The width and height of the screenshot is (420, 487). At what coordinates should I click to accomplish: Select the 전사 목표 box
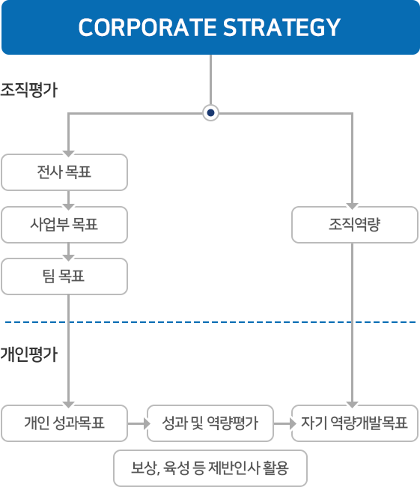[64, 173]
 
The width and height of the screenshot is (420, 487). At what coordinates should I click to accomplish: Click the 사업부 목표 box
[64, 225]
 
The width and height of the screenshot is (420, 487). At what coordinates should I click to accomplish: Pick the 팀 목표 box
[64, 276]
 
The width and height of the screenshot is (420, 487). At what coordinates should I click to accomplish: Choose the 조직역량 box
[354, 225]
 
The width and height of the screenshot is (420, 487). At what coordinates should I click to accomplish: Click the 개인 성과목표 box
[64, 423]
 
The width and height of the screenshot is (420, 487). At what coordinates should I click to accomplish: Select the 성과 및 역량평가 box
[210, 423]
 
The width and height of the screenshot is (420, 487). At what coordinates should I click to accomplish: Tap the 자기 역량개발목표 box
[354, 423]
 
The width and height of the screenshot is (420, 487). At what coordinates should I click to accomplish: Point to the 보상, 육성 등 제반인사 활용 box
[210, 468]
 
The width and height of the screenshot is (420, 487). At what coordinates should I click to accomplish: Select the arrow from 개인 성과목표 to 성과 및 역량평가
[137, 423]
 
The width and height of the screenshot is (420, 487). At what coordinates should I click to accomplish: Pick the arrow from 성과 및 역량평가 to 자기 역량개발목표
[282, 423]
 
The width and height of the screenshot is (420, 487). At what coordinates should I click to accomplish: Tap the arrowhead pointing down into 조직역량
[352, 203]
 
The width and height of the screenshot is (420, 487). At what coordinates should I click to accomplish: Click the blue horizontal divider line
[210, 321]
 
